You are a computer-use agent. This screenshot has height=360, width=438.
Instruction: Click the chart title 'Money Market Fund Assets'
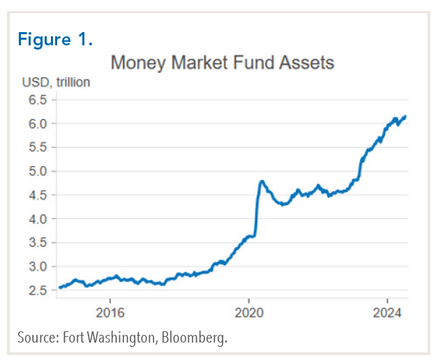point(222,63)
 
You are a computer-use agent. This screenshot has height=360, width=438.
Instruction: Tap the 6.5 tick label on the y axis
point(38,100)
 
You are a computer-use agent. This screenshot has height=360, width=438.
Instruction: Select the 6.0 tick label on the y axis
point(38,123)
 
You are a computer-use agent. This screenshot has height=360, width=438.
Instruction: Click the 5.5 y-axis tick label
point(38,147)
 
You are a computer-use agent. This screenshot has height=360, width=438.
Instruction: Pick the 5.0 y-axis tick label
point(38,171)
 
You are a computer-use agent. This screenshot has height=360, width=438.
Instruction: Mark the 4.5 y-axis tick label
point(38,195)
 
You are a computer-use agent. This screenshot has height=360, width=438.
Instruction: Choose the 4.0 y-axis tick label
point(38,218)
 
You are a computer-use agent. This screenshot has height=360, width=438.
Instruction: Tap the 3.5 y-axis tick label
point(38,242)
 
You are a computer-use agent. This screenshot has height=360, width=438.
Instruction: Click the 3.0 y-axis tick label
point(38,266)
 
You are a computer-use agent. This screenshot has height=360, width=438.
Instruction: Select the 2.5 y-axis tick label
point(38,290)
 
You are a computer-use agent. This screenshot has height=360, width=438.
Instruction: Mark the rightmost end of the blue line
point(406,117)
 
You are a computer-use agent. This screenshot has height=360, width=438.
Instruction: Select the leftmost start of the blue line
point(59,287)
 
